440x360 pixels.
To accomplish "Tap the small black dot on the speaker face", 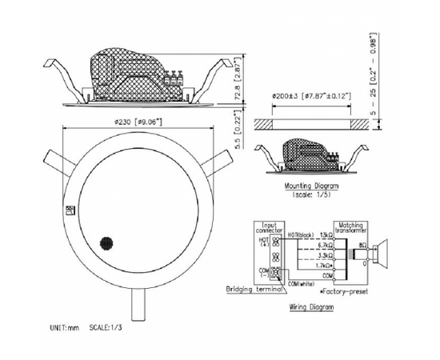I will tap(104, 240).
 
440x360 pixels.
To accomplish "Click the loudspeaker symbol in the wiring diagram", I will tap(382, 254).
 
